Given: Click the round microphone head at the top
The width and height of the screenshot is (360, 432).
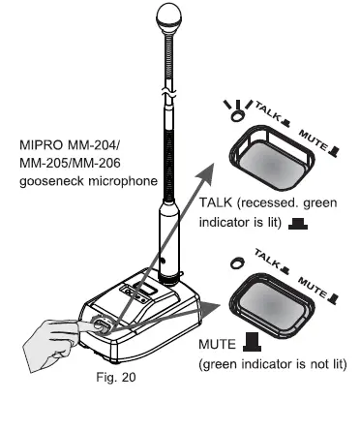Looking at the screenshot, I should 163,18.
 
